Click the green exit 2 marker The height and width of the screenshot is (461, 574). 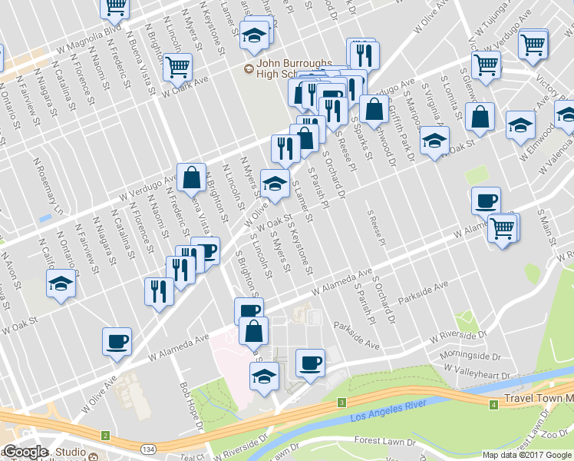coord(104,436)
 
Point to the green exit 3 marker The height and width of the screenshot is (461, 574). coord(340,402)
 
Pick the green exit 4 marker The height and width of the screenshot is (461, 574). coord(492,402)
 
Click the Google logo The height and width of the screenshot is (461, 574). coord(25,453)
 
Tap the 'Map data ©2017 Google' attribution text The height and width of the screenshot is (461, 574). coord(527,455)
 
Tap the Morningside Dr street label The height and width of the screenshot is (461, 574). coord(473,356)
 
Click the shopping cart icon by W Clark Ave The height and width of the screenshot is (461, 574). coord(177,68)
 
